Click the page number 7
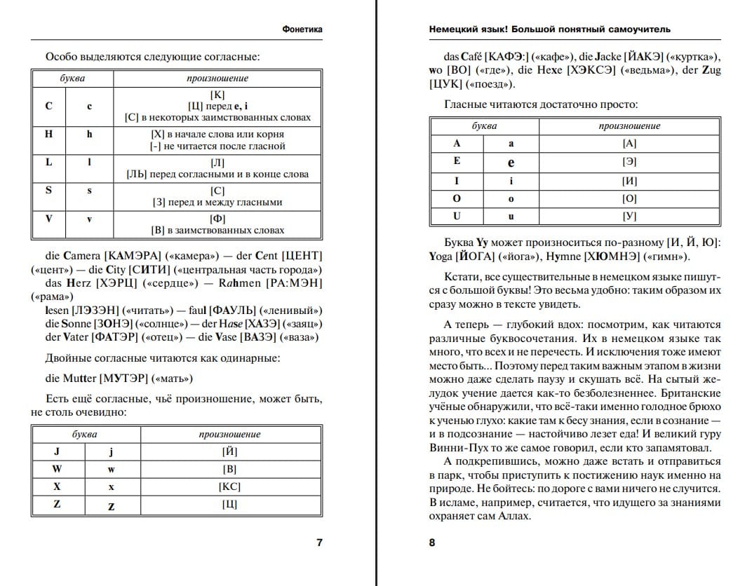pyautogui.click(x=320, y=542)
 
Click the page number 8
pyautogui.click(x=432, y=542)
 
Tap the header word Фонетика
pyautogui.click(x=302, y=29)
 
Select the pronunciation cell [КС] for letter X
pyautogui.click(x=229, y=486)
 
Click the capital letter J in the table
pyautogui.click(x=57, y=451)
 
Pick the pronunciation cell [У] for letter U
pyautogui.click(x=629, y=217)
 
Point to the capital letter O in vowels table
pyautogui.click(x=457, y=199)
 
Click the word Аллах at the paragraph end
pyautogui.click(x=512, y=516)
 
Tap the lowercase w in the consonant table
pyautogui.click(x=111, y=469)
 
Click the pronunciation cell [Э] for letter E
pyautogui.click(x=629, y=162)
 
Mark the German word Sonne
pyautogui.click(x=76, y=324)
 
